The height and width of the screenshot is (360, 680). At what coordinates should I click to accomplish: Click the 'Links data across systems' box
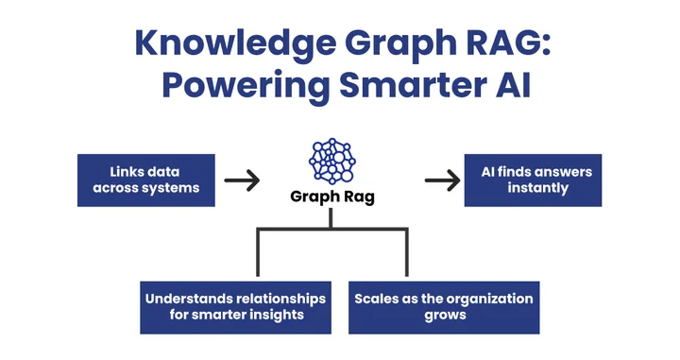[x=144, y=180]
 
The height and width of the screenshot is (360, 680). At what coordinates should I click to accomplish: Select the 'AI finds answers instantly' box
[x=533, y=180]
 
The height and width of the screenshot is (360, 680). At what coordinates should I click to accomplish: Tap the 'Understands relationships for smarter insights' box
[x=235, y=306]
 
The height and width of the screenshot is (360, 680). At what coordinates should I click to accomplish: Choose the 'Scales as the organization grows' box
[x=444, y=306]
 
